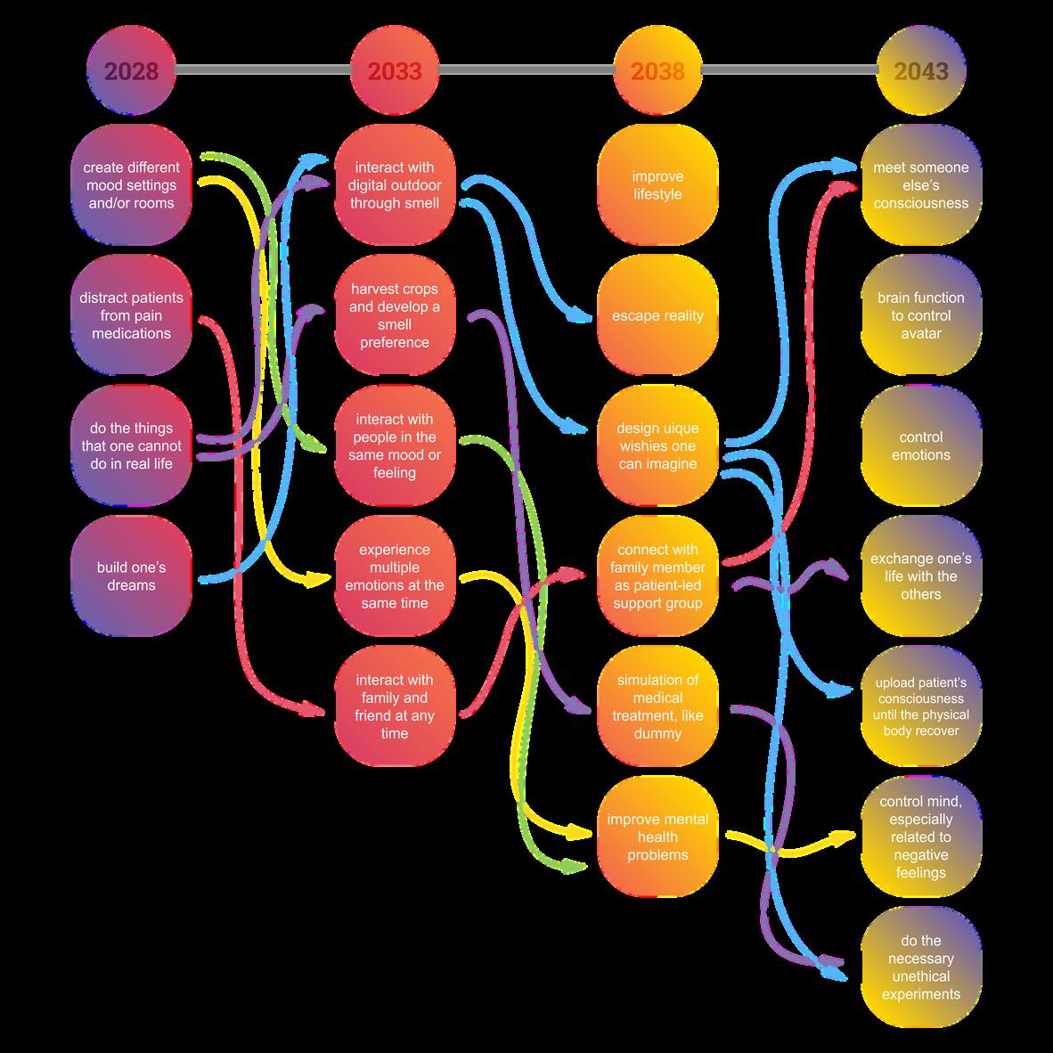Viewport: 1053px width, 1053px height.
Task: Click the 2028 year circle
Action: (131, 71)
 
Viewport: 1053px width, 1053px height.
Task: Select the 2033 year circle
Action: (395, 71)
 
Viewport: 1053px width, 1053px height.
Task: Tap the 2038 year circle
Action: (657, 71)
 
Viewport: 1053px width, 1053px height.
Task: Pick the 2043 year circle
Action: (921, 71)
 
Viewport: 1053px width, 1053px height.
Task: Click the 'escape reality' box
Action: (657, 316)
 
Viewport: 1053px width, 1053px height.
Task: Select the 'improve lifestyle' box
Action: (657, 185)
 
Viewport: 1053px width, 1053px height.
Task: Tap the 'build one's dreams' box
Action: (131, 576)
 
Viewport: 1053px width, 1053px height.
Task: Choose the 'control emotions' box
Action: (921, 446)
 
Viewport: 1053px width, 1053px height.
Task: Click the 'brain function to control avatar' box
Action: (921, 316)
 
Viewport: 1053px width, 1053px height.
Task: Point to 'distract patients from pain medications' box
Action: (131, 316)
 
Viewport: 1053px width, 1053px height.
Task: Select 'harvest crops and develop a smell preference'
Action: (395, 316)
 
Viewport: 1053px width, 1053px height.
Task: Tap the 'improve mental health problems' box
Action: (657, 837)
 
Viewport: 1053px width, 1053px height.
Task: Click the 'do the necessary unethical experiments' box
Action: (921, 967)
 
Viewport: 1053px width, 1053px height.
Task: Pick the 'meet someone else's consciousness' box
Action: (921, 185)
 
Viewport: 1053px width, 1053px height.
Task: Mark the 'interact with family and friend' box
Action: (395, 706)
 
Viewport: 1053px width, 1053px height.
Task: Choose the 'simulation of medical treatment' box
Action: (657, 706)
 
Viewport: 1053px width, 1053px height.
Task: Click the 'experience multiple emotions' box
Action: (395, 576)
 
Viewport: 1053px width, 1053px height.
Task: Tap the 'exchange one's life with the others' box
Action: (921, 576)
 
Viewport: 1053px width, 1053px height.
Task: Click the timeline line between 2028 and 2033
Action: (263, 69)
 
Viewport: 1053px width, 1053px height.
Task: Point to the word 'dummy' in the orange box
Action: (657, 733)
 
